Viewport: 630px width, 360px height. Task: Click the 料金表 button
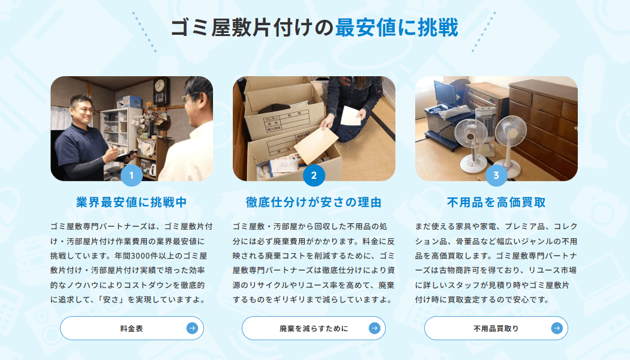132,328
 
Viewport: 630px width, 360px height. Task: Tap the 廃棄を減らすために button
313,328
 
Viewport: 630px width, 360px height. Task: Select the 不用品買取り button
496,328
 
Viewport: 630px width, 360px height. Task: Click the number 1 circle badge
131,175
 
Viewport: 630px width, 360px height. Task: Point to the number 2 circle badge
314,175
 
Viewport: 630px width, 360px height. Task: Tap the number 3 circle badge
496,175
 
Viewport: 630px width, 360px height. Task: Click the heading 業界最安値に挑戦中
131,202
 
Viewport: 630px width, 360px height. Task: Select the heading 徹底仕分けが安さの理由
314,202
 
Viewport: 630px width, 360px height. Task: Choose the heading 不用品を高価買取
496,202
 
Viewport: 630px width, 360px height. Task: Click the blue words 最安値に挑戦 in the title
397,28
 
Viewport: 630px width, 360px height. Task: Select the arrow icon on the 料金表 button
192,328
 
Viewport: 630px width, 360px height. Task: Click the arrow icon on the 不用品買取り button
557,328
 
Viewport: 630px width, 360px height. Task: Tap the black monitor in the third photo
445,93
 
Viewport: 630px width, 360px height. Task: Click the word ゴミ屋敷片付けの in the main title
253,28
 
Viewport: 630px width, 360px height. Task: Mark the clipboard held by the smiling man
125,155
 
